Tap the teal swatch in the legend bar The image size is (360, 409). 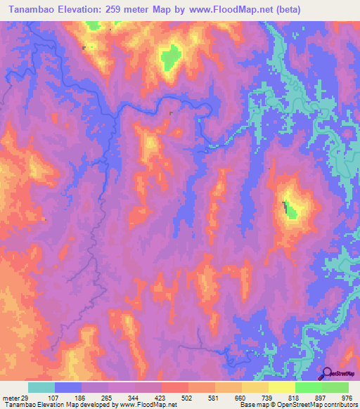[41, 387]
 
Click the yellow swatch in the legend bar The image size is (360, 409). [281, 387]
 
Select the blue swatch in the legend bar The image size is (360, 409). [67, 387]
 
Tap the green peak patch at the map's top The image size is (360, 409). [169, 56]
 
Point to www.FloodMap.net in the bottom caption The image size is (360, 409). [148, 405]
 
